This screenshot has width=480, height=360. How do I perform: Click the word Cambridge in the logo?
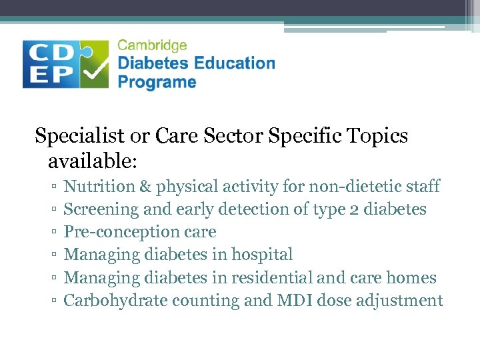[152, 46]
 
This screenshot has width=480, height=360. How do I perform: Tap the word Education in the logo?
[234, 64]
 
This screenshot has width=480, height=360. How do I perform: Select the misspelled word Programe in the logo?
[157, 83]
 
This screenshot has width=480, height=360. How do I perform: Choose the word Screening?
[100, 210]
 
